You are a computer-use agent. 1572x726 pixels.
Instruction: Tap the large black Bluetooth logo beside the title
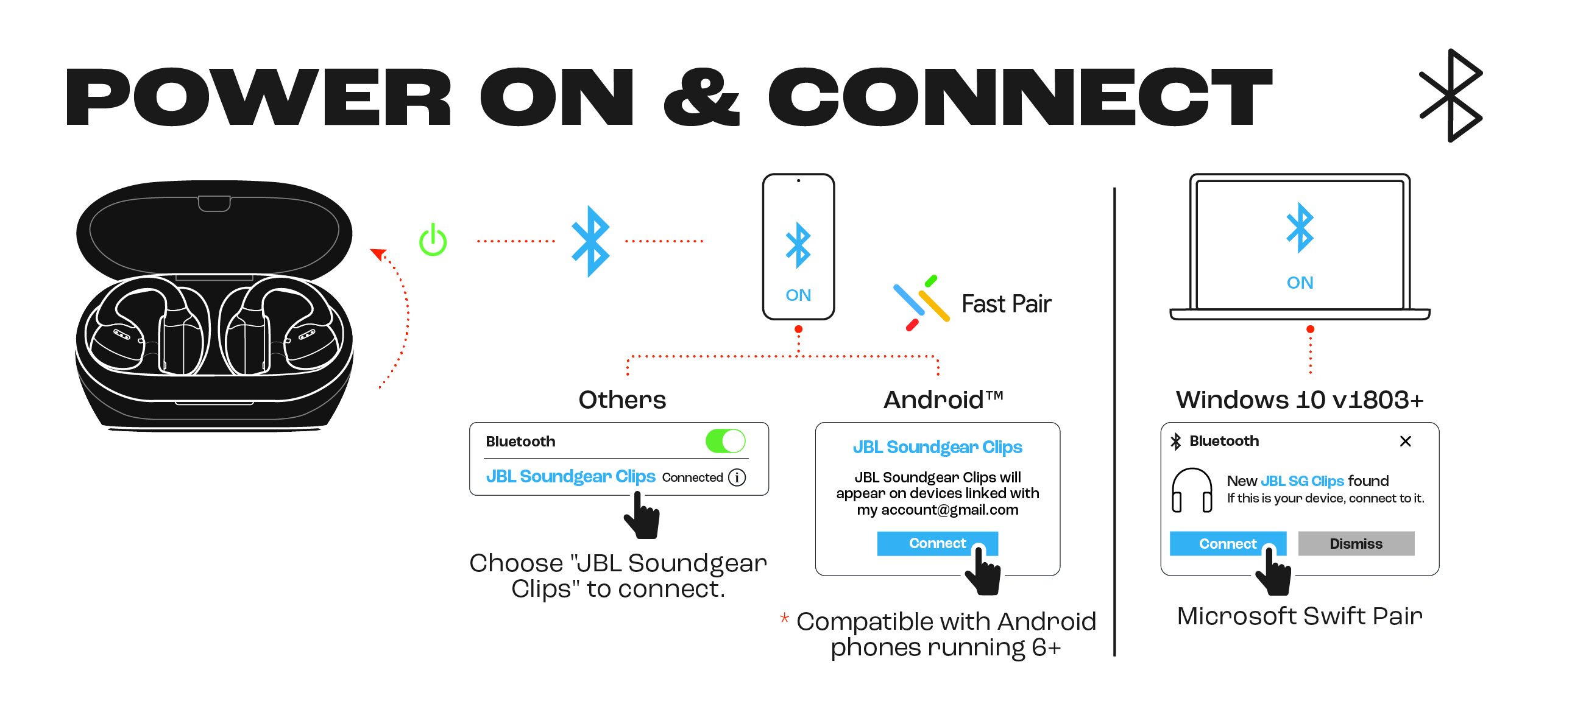tap(1452, 96)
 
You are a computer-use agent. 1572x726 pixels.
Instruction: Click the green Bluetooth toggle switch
tap(725, 441)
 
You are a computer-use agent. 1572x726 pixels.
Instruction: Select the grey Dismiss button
tap(1355, 543)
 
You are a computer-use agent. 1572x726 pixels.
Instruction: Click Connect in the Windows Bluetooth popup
tap(1227, 543)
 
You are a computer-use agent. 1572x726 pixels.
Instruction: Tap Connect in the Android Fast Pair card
tap(936, 543)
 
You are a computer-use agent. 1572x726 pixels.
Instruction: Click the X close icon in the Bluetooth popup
tap(1405, 441)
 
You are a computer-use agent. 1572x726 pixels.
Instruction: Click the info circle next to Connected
tap(737, 477)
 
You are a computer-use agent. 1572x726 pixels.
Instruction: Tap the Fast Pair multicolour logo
tap(921, 303)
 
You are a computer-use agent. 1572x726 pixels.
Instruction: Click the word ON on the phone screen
tap(798, 295)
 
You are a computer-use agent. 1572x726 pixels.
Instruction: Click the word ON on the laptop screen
tap(1300, 283)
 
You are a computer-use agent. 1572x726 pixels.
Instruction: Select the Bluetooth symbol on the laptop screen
tap(1300, 228)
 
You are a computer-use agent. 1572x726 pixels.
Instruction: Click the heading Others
tap(622, 400)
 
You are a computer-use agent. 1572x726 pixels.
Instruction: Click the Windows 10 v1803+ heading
tap(1299, 400)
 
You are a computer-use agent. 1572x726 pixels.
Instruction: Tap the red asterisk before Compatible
tap(784, 618)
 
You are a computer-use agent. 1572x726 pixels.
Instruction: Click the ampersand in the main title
tap(701, 97)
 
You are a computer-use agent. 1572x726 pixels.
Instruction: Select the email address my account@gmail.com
tap(937, 510)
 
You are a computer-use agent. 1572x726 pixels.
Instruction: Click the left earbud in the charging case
tap(146, 326)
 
